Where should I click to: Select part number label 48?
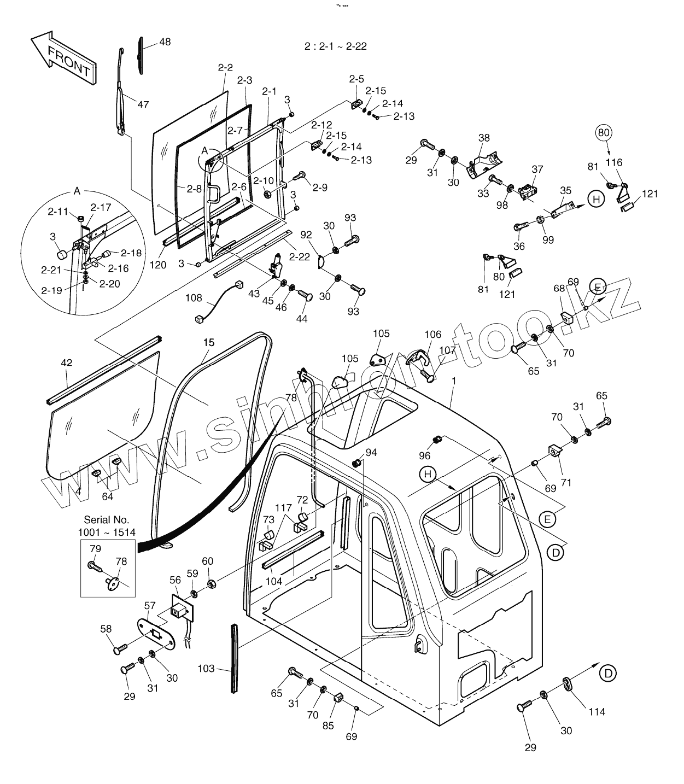[x=165, y=42]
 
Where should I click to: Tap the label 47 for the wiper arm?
[x=143, y=104]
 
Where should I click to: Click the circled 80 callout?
[x=604, y=132]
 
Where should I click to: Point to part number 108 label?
[x=194, y=299]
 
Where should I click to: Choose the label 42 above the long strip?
[x=66, y=362]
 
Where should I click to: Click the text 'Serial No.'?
[x=107, y=520]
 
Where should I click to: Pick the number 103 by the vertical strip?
[x=206, y=669]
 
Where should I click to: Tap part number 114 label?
[x=597, y=712]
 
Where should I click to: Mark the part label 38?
[x=484, y=138]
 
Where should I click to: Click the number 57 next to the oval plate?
[x=150, y=605]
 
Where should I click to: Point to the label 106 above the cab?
[x=432, y=334]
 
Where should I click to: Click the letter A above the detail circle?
[x=77, y=191]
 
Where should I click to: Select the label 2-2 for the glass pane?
[x=225, y=68]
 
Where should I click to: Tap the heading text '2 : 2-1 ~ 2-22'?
[x=336, y=46]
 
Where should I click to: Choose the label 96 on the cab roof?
[x=425, y=455]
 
